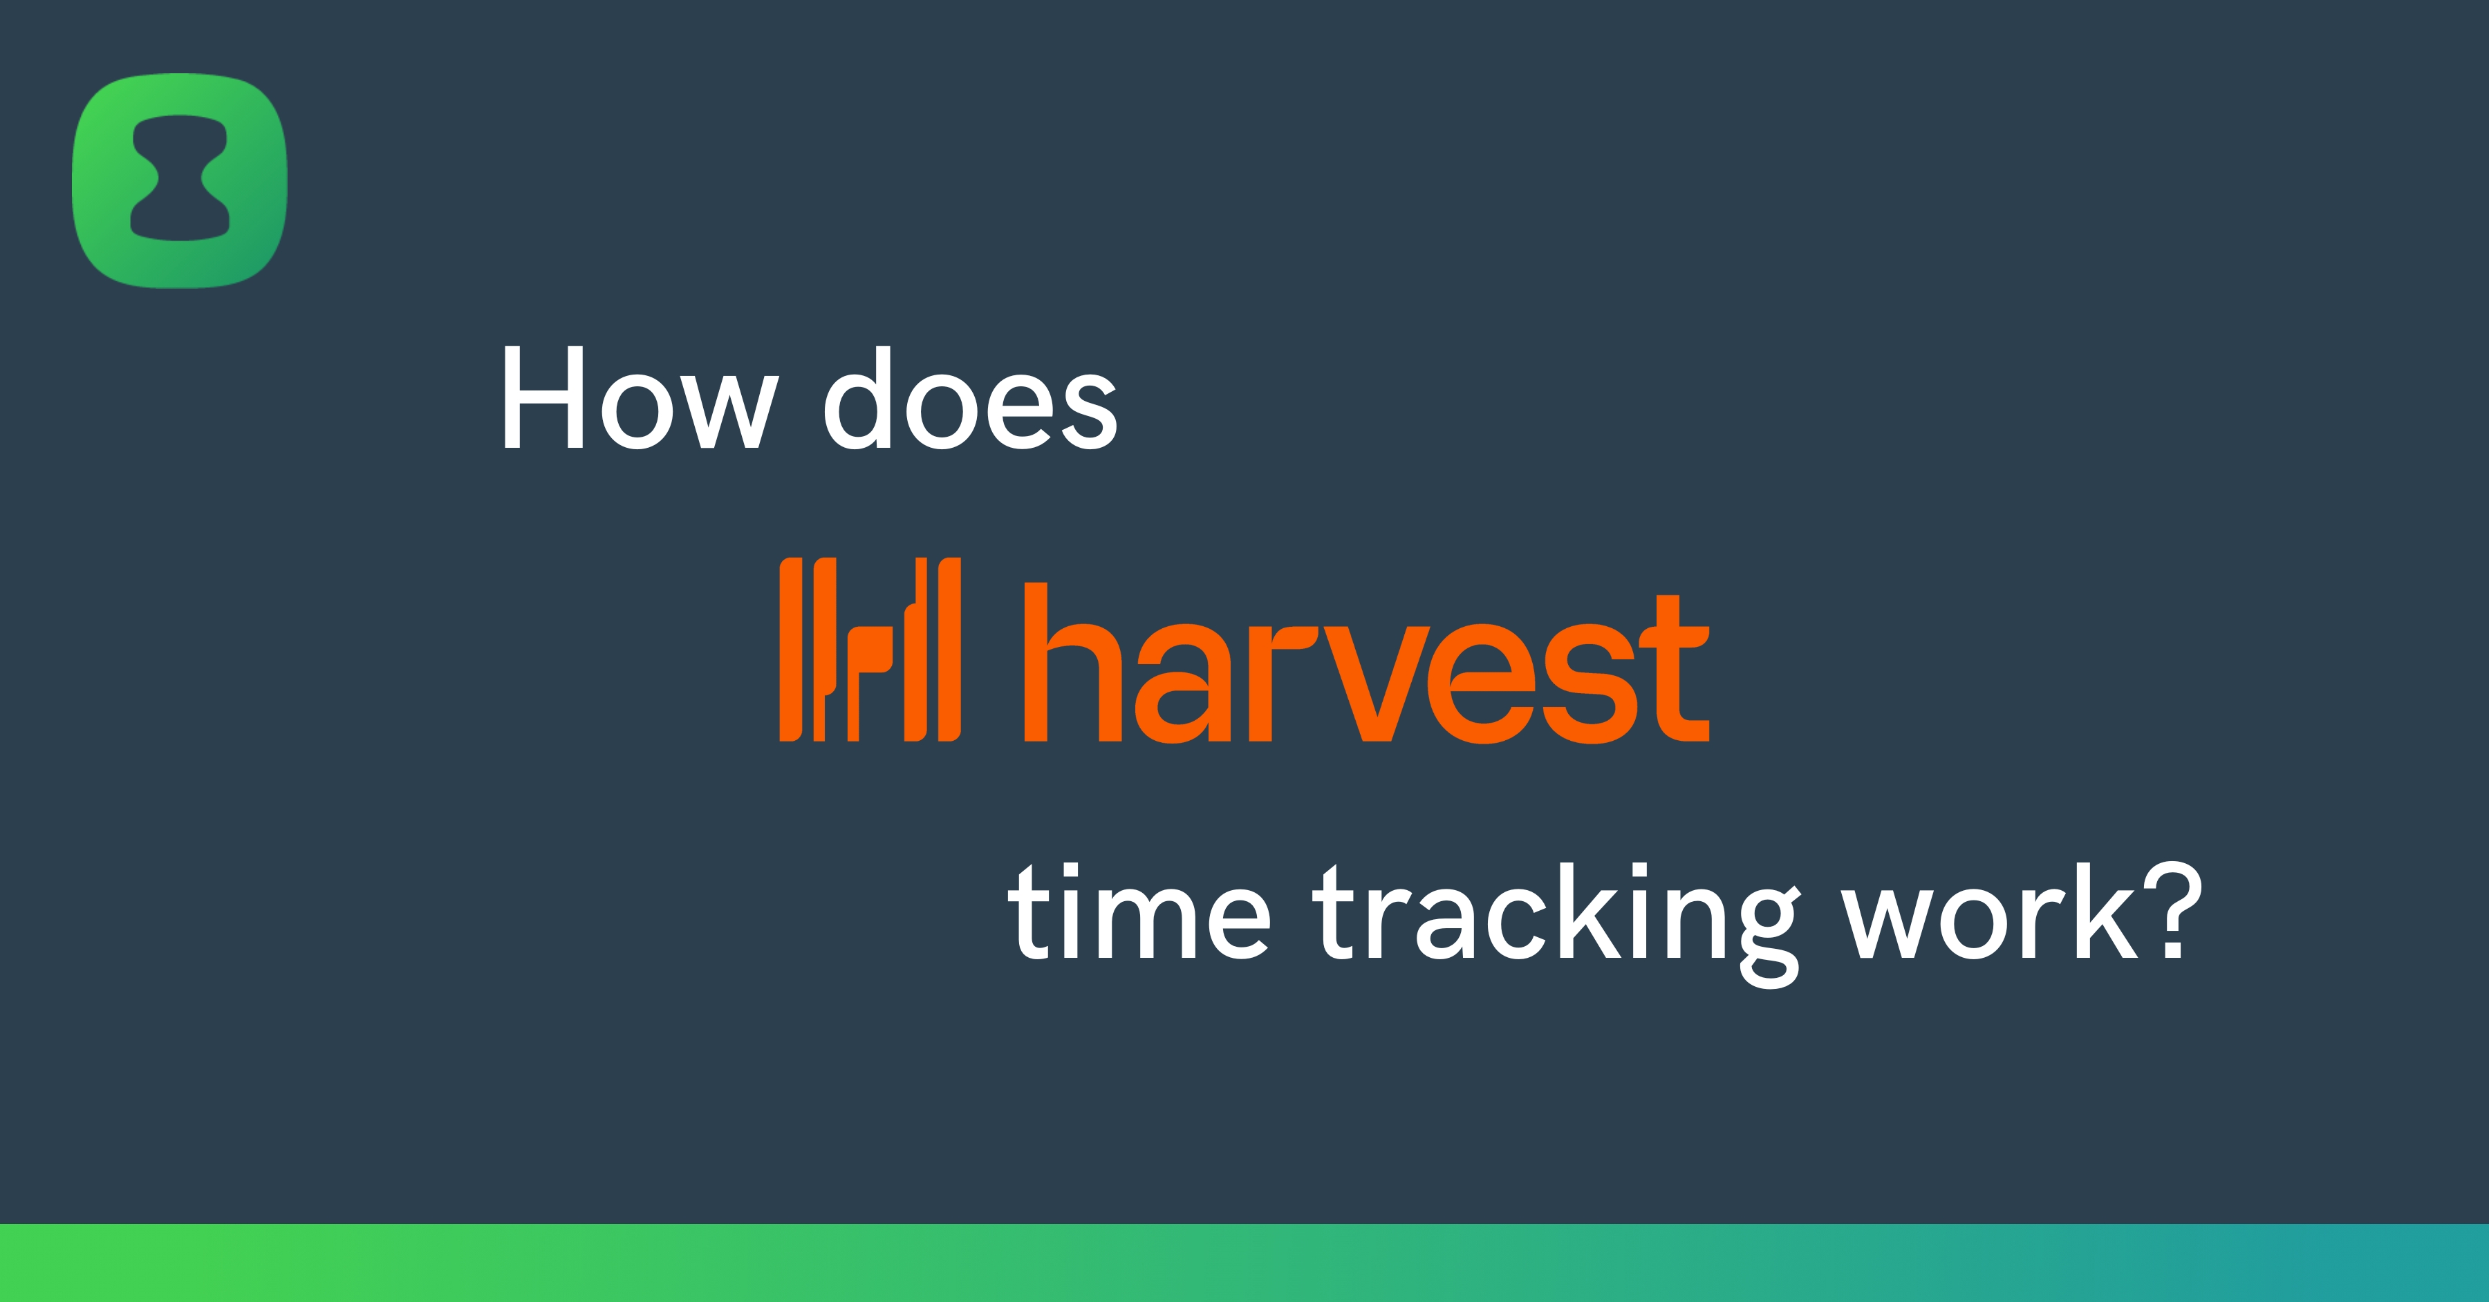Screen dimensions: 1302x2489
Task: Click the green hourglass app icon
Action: click(x=180, y=180)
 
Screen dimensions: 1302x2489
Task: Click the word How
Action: click(x=637, y=398)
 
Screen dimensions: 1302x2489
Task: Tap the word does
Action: click(x=970, y=398)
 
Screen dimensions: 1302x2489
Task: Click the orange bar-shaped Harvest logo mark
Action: click(x=870, y=649)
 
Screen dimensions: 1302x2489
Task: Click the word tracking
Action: click(x=1556, y=918)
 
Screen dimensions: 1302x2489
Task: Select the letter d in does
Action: click(x=856, y=398)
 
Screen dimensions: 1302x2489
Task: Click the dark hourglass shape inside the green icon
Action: click(x=180, y=180)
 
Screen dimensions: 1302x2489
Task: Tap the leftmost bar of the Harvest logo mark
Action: click(x=790, y=649)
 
